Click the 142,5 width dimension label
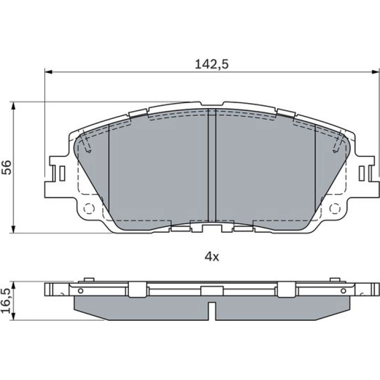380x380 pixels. pos(212,65)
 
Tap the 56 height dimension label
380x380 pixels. pos(7,167)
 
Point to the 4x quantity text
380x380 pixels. pos(212,257)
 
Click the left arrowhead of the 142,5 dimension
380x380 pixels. pos(48,72)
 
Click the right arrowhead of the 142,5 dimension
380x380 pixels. pos(376,72)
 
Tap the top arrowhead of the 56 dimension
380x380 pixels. pos(14,106)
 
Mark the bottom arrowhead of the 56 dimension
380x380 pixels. pos(14,229)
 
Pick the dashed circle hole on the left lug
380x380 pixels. pos(89,209)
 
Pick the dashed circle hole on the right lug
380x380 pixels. pos(335,209)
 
